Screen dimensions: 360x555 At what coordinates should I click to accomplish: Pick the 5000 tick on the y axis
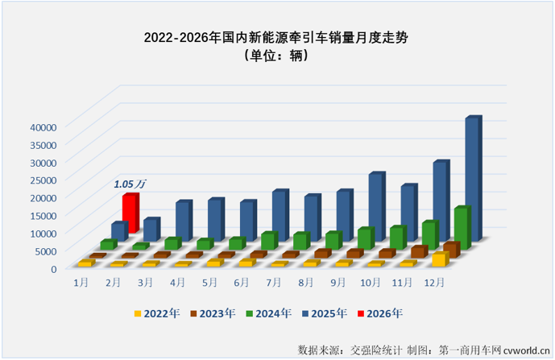[43, 250]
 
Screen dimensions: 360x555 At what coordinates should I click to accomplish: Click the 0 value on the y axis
[52, 268]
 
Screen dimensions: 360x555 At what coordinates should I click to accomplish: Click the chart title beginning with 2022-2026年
[277, 38]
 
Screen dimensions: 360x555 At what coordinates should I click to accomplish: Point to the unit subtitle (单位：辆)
[277, 56]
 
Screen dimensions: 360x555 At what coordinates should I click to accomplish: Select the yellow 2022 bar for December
[439, 259]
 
